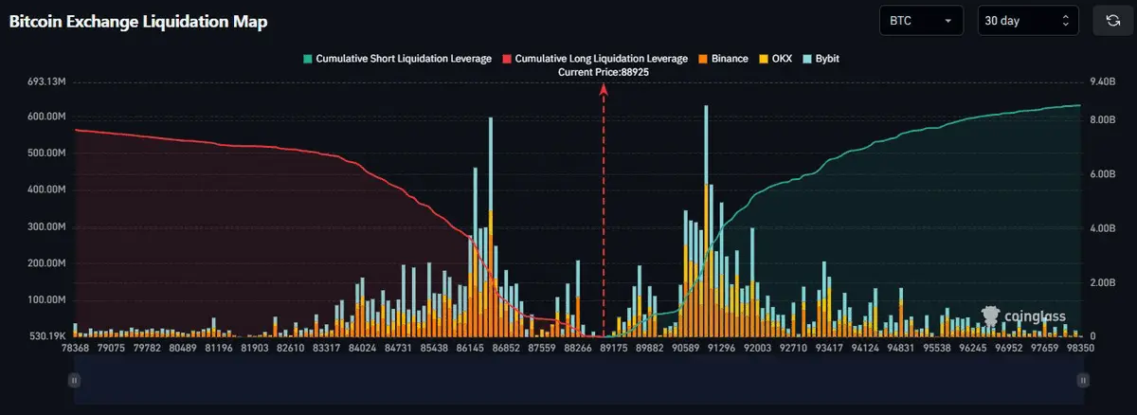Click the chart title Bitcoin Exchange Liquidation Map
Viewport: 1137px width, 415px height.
[137, 22]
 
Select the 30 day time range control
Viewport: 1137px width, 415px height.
[1027, 20]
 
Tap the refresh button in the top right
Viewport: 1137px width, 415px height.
[1112, 20]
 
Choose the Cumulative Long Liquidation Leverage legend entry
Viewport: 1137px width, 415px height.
[595, 59]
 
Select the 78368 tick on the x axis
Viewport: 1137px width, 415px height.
[75, 348]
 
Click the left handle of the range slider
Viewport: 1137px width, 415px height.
[74, 379]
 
